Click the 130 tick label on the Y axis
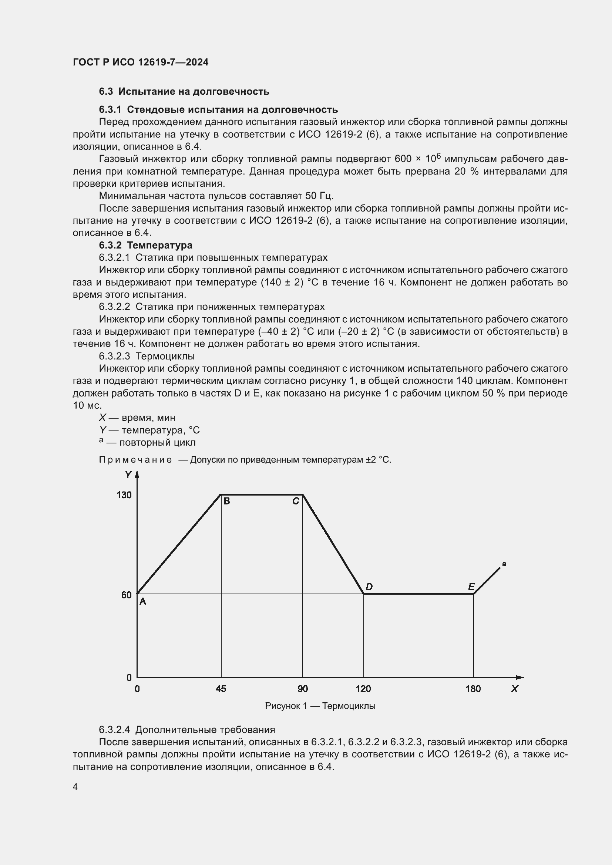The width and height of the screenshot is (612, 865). point(124,495)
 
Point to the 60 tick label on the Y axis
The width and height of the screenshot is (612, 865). point(126,595)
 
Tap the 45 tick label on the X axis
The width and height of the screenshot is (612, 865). point(221,689)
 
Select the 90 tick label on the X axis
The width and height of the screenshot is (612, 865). point(303,689)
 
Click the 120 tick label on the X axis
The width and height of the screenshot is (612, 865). point(363,689)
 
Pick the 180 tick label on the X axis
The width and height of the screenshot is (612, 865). point(473,689)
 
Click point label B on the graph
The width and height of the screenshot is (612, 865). point(227,501)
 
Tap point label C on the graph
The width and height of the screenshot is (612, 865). point(296,501)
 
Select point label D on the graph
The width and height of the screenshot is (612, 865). point(369,587)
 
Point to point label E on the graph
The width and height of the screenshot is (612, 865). point(471,587)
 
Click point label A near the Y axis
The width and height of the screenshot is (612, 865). point(143,602)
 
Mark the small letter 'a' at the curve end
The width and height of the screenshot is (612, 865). point(504,564)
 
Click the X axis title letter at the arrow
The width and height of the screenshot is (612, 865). point(514,689)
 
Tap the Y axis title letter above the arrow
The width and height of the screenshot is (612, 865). point(128,475)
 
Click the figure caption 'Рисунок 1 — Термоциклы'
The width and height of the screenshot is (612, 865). point(320,706)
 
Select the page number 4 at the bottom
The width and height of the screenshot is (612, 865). point(75,787)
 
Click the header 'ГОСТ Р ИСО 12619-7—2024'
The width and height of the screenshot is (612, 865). point(141,62)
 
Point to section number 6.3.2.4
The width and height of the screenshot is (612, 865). point(115,730)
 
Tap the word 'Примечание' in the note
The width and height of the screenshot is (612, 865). point(135,460)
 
